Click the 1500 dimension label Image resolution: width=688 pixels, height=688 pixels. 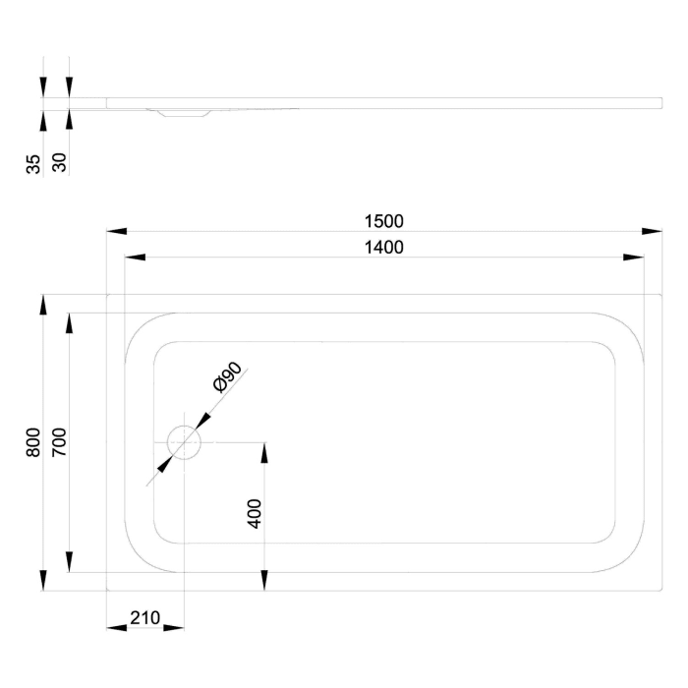pyautogui.click(x=383, y=222)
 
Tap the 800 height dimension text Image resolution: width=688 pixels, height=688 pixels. pyautogui.click(x=33, y=442)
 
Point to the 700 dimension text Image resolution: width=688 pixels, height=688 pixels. pyautogui.click(x=59, y=442)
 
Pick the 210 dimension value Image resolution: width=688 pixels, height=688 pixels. pyautogui.click(x=144, y=618)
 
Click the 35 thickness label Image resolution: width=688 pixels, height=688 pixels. pyautogui.click(x=33, y=163)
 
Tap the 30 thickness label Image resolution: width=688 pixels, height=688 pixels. pyautogui.click(x=59, y=163)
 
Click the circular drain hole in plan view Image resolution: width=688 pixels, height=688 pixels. pyautogui.click(x=184, y=443)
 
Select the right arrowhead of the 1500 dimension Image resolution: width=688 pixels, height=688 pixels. pyautogui.click(x=651, y=232)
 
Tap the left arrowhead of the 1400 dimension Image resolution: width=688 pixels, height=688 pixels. pyautogui.click(x=135, y=258)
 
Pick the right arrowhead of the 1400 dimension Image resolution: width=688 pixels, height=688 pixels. pyautogui.click(x=633, y=258)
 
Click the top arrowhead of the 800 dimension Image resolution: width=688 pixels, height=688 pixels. pyautogui.click(x=42, y=305)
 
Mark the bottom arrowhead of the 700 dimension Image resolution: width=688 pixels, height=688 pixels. pyautogui.click(x=68, y=562)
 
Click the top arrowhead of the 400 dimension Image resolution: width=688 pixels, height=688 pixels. pyautogui.click(x=263, y=453)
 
